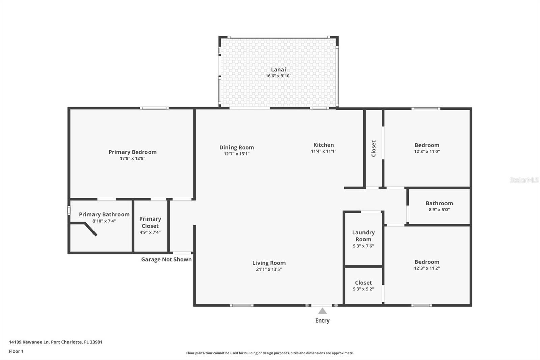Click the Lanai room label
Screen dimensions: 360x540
click(x=278, y=70)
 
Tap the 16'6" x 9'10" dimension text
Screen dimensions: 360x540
click(x=278, y=76)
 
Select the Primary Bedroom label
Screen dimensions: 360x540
click(x=132, y=152)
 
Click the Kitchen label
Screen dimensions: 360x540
click(x=323, y=145)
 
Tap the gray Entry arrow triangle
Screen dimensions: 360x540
click(x=322, y=311)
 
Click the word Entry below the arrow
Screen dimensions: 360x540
click(x=322, y=320)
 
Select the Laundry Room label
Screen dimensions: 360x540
click(x=363, y=236)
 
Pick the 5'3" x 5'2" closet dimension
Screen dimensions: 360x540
click(x=363, y=289)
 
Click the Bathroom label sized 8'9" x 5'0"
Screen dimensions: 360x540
click(x=439, y=203)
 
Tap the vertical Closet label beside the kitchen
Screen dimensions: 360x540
click(x=374, y=149)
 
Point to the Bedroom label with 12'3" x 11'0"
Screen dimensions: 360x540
click(x=427, y=145)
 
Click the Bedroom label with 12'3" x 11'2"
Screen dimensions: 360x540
click(x=427, y=262)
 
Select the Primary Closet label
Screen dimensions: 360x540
click(x=150, y=222)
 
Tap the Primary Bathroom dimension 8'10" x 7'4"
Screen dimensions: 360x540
click(x=104, y=221)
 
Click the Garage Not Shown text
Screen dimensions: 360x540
click(x=166, y=259)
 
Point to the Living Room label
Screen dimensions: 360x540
click(x=269, y=263)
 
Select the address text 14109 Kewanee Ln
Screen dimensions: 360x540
click(x=29, y=342)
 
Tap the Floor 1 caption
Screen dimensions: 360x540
click(x=16, y=351)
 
